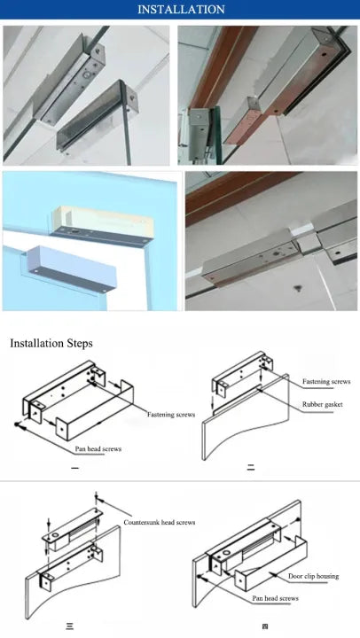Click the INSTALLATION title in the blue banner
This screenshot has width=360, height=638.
(x=180, y=10)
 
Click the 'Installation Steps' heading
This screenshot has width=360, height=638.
(x=51, y=343)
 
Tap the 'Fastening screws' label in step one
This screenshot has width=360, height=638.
(x=171, y=414)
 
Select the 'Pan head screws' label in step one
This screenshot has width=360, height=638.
(x=98, y=449)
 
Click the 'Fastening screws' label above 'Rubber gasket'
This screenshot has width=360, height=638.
(x=325, y=381)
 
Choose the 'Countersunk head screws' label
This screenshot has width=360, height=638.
(x=159, y=522)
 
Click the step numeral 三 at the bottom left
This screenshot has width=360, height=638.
(x=69, y=627)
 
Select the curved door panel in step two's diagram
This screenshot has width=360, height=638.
(x=232, y=434)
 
